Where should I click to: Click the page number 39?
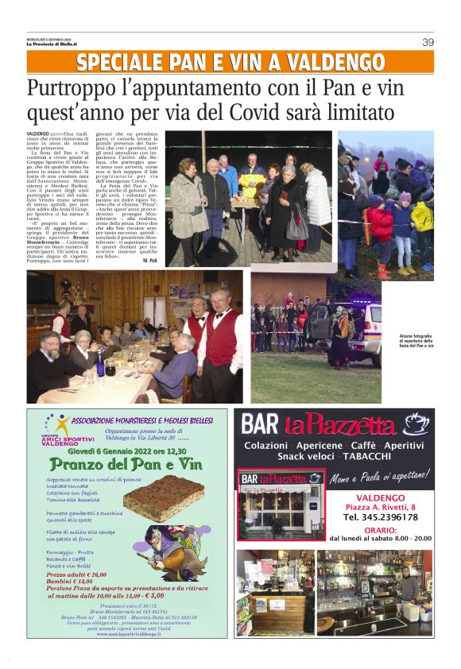(428, 42)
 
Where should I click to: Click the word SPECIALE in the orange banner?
(126, 63)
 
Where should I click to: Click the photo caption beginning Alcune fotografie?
(416, 341)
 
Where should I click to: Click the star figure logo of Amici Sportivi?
(49, 423)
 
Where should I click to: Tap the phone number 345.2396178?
(379, 516)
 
